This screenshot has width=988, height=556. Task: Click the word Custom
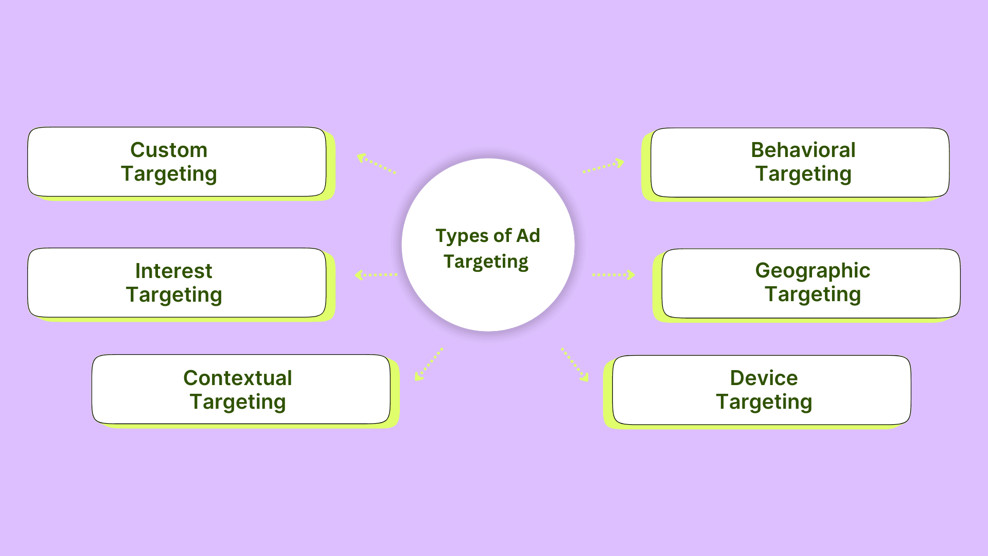pyautogui.click(x=169, y=150)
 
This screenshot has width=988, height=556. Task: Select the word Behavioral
pyautogui.click(x=803, y=150)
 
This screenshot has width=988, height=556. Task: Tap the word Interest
pyautogui.click(x=173, y=271)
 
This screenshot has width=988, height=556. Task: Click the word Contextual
pyautogui.click(x=238, y=378)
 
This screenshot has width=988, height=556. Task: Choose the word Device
pyautogui.click(x=764, y=378)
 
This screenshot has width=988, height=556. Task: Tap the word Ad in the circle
pyautogui.click(x=528, y=235)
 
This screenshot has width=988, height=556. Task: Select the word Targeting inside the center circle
pyautogui.click(x=486, y=262)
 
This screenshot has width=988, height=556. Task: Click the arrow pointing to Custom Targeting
pyautogui.click(x=377, y=163)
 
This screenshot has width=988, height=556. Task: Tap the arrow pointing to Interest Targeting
pyautogui.click(x=376, y=275)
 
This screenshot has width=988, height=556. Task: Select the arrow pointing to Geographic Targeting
pyautogui.click(x=613, y=275)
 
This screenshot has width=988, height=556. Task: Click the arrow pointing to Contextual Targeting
pyautogui.click(x=429, y=364)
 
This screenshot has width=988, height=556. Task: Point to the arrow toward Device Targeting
pyautogui.click(x=575, y=365)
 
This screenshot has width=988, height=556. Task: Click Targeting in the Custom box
pyautogui.click(x=169, y=175)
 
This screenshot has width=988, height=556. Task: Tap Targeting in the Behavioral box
pyautogui.click(x=803, y=175)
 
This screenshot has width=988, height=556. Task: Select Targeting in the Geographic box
pyautogui.click(x=813, y=295)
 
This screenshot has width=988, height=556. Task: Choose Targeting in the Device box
pyautogui.click(x=764, y=403)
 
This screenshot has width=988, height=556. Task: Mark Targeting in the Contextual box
pyautogui.click(x=238, y=403)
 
